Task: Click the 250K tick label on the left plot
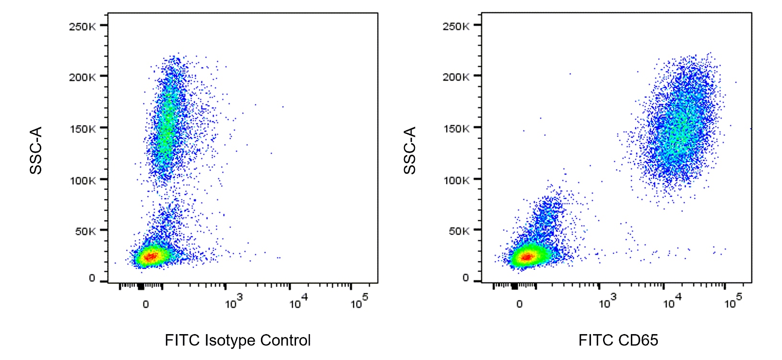(x=82, y=26)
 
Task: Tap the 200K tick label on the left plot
(x=82, y=77)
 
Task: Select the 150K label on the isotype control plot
(x=82, y=129)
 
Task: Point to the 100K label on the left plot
(x=82, y=180)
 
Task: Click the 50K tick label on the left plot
(x=85, y=231)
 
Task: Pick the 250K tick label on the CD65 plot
(x=456, y=26)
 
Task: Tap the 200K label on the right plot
(x=456, y=77)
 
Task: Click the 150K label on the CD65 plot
(x=456, y=129)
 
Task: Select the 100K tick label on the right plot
(x=456, y=180)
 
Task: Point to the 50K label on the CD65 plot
(x=459, y=231)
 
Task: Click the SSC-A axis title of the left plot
(x=36, y=150)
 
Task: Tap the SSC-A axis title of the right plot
(x=410, y=150)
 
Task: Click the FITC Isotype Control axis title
(x=237, y=340)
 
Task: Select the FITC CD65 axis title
(x=618, y=340)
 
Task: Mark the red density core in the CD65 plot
(x=526, y=257)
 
